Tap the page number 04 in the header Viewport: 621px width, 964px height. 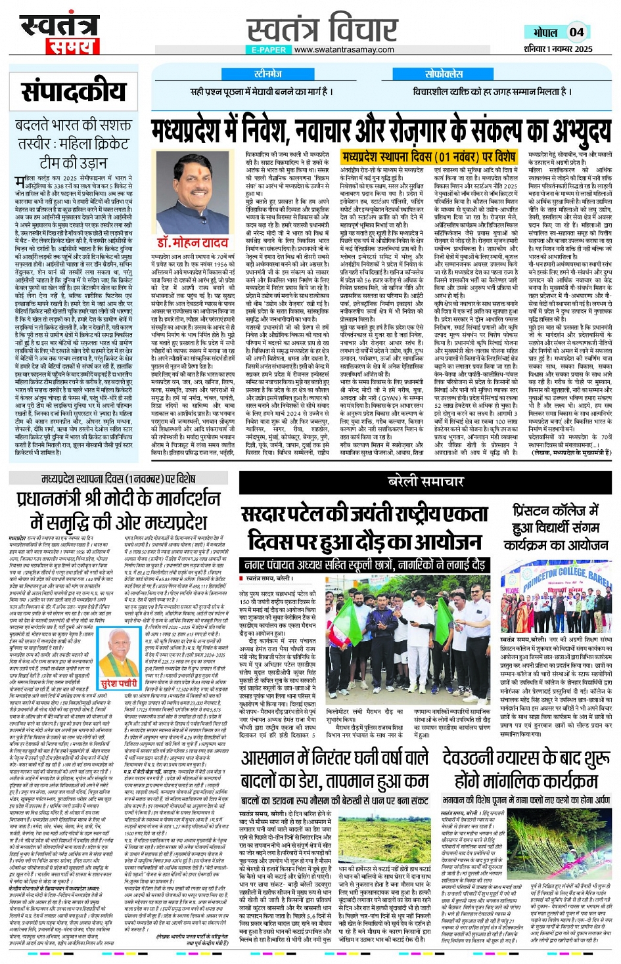coord(576,32)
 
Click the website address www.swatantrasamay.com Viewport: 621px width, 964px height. coord(344,49)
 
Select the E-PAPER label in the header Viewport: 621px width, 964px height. coord(268,49)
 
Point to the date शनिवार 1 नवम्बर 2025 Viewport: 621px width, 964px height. coord(557,49)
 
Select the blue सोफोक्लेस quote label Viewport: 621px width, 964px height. coord(444,74)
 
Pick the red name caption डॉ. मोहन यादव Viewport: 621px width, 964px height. coord(193,242)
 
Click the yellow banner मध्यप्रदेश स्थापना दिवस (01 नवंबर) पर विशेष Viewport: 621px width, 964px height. coord(428,157)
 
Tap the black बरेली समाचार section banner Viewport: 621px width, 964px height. coord(425,481)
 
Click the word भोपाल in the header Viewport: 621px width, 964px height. coord(545,32)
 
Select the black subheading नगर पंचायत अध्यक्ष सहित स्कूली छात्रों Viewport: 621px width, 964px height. coord(365,564)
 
